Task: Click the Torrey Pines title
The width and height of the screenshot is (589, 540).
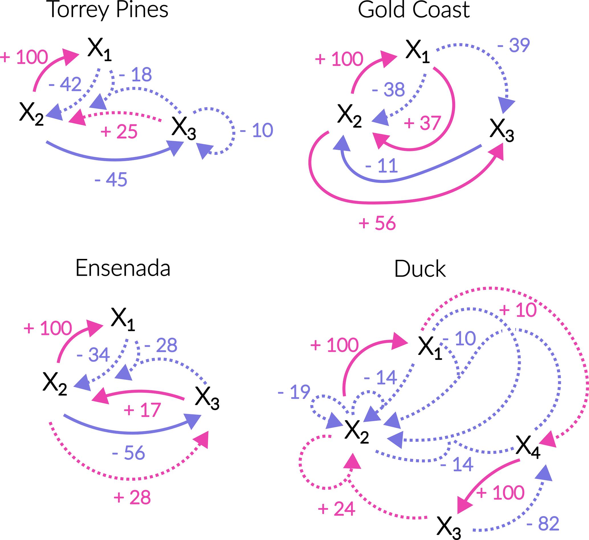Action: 107,10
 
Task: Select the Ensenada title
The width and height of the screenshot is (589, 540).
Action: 123,268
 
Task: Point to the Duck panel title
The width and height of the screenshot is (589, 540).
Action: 420,269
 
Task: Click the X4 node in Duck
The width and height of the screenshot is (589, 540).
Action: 528,447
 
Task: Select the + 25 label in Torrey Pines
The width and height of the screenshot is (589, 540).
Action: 119,132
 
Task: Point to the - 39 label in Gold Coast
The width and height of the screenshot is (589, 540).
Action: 513,45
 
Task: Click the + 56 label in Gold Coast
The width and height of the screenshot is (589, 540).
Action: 377,224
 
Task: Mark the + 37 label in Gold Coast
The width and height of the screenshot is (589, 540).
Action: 422,123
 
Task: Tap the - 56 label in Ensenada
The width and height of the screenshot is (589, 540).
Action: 129,453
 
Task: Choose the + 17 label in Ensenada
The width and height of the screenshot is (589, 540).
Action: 142,410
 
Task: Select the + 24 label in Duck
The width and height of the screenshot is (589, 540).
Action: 337,509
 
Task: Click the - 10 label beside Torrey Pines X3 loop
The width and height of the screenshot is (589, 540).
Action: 257,130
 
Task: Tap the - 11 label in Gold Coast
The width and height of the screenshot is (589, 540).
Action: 382,166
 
